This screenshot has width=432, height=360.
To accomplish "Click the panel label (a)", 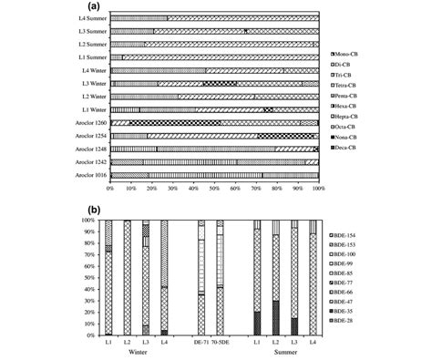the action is pyautogui.click(x=216, y=5).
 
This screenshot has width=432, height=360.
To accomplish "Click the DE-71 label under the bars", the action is pyautogui.click(x=201, y=342).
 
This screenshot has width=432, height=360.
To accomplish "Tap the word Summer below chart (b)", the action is pyautogui.click(x=283, y=352).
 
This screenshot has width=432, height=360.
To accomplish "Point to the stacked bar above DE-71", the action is pyautogui.click(x=201, y=278).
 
